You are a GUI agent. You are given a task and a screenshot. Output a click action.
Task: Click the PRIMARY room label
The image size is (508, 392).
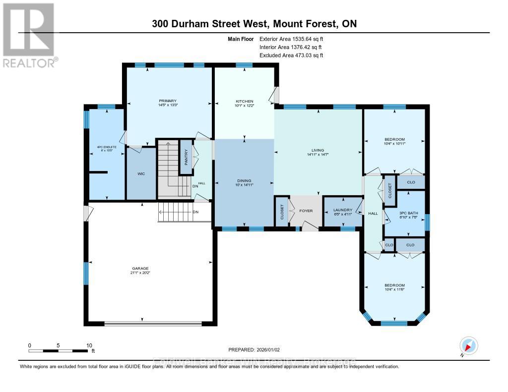coord(168,101)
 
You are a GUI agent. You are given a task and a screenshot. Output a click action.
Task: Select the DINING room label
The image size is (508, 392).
coord(244,181)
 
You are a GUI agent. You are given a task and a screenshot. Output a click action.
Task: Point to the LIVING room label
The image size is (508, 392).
coord(317,150)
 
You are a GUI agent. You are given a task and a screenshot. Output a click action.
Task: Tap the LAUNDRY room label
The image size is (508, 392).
coord(342,210)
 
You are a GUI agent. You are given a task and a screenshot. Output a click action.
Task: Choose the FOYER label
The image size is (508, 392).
coord(306,211)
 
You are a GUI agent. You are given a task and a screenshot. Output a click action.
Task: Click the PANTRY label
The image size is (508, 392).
coord(186,158)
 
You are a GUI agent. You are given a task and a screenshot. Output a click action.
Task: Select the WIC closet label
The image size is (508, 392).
coord(141,174)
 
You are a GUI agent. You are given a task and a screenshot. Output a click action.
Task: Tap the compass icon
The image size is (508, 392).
coord(468,346)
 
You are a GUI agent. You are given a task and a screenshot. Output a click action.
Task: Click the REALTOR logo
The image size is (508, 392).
coord(29,35)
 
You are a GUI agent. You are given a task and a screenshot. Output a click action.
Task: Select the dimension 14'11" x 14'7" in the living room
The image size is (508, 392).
coord(317,155)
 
